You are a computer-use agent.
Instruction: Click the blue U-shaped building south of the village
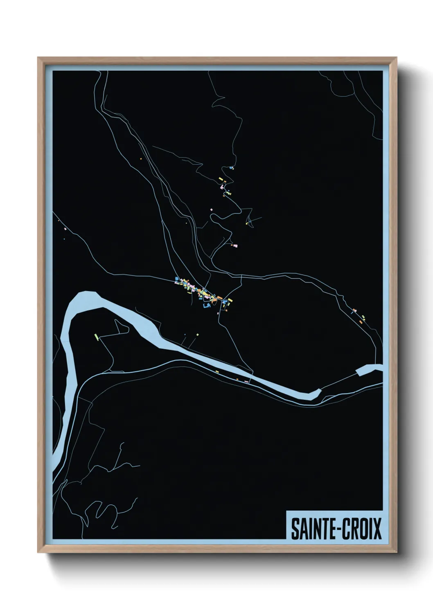[206, 305]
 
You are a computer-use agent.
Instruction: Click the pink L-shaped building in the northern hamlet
[223, 187]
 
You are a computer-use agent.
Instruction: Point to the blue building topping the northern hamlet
[232, 167]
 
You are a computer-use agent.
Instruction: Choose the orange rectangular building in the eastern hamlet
[361, 322]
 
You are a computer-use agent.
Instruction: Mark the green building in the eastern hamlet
[363, 317]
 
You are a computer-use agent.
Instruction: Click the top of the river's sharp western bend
[86, 294]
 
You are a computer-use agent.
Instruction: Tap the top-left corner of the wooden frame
[38, 58]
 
